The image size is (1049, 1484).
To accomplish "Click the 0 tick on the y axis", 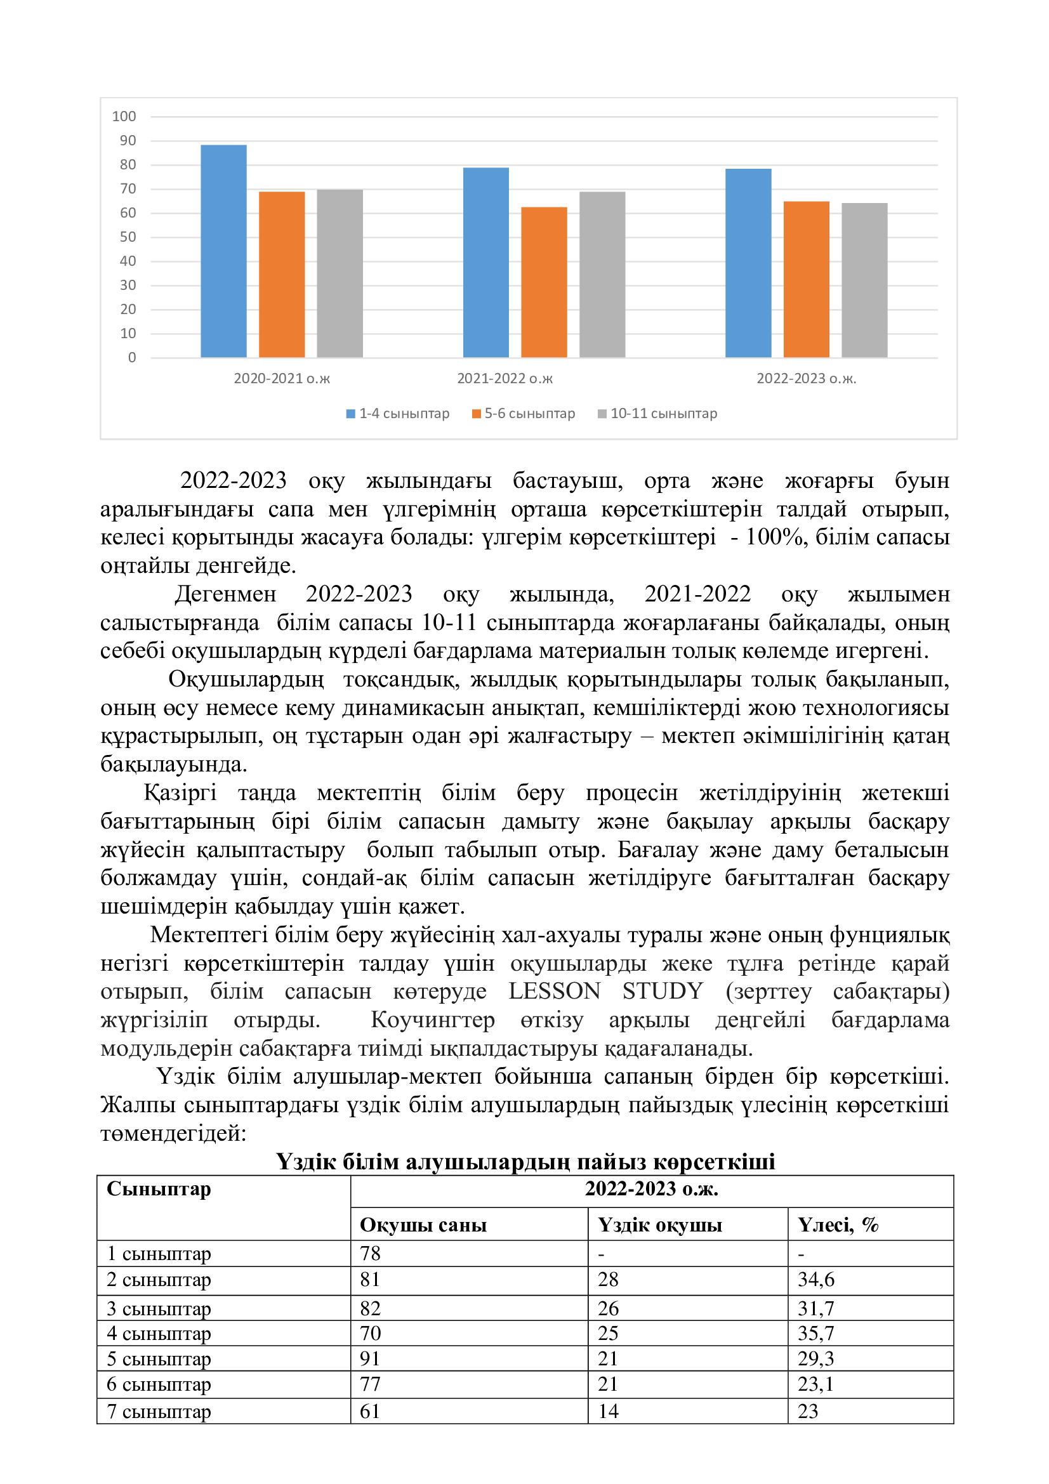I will [x=133, y=357].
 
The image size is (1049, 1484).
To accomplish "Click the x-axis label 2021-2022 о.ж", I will [x=505, y=379].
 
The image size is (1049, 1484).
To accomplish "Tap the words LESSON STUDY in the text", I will [x=605, y=992].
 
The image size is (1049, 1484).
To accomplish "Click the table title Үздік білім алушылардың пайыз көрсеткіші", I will [x=525, y=1162].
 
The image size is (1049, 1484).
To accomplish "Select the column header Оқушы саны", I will [x=423, y=1225].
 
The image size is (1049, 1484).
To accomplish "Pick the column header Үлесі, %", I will [x=838, y=1225].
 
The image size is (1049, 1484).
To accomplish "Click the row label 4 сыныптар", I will [x=159, y=1334].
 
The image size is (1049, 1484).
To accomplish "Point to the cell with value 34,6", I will [x=815, y=1280].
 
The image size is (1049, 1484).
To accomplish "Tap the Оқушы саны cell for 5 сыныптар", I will [x=371, y=1358].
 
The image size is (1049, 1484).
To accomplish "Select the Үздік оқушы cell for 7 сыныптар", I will [x=608, y=1411].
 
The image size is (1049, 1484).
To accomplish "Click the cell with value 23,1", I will [x=815, y=1384].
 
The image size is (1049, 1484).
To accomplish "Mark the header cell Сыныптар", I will [x=159, y=1189].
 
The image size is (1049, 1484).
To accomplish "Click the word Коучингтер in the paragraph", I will [x=432, y=1020].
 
